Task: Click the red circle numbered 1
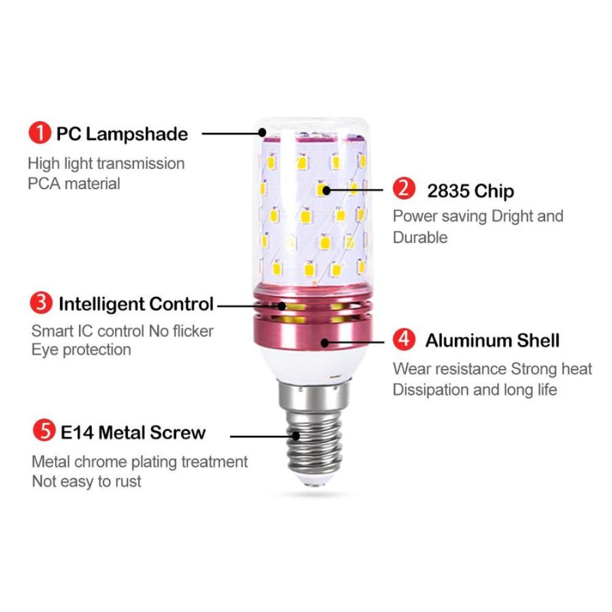click(x=40, y=133)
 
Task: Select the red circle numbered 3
click(x=42, y=303)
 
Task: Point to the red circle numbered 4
click(x=404, y=339)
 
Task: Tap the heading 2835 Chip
click(x=470, y=191)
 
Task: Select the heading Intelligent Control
click(x=136, y=304)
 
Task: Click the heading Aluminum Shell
click(x=492, y=340)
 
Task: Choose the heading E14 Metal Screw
click(x=133, y=433)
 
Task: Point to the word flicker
click(x=190, y=331)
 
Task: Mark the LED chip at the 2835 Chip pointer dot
click(x=323, y=190)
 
